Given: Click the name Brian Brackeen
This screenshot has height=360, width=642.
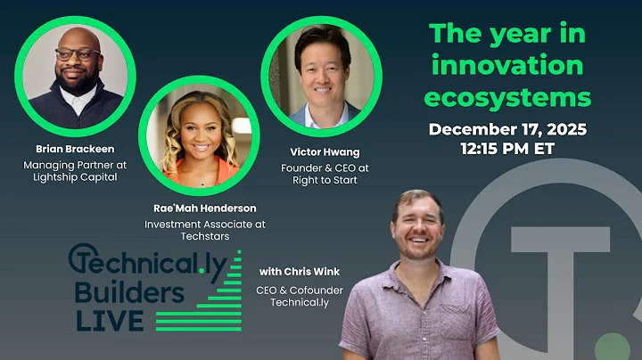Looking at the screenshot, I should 76,149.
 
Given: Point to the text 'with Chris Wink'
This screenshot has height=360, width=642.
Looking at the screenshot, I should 300,271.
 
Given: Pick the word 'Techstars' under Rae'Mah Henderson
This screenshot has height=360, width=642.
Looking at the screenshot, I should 205,238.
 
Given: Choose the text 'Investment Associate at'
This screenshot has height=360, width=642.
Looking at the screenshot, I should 205,225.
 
